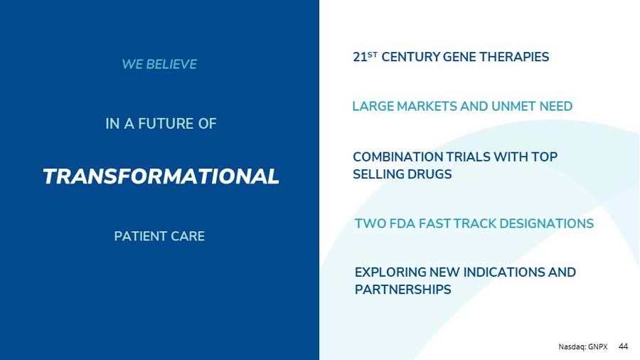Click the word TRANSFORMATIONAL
tap(161, 176)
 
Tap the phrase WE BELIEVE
tap(159, 65)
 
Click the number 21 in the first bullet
tap(360, 58)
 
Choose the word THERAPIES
tap(516, 57)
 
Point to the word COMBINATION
tap(397, 157)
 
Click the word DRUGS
tap(429, 174)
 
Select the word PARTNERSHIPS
tap(402, 290)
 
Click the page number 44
tap(624, 346)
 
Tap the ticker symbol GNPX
tap(598, 346)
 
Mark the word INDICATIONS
tap(505, 272)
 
